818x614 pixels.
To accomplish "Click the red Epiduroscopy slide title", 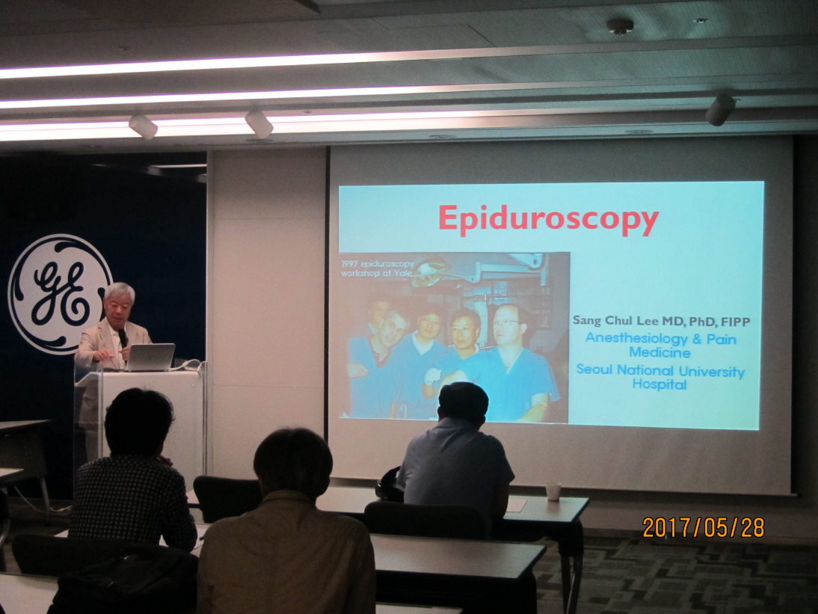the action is pos(548,219).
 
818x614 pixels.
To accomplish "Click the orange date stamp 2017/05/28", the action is pos(704,528).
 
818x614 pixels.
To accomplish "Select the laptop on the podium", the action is pos(150,357).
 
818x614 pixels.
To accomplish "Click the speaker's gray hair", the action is pos(120,292).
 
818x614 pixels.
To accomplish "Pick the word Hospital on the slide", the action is pos(659,384).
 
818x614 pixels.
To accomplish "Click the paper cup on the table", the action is pos(553,491).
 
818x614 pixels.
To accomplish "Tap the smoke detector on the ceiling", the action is pos(620,25).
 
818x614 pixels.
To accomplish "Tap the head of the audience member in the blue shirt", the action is pos(463,405).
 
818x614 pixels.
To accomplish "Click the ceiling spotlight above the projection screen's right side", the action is pos(720,109).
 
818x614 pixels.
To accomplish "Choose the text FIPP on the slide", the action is pos(736,322).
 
